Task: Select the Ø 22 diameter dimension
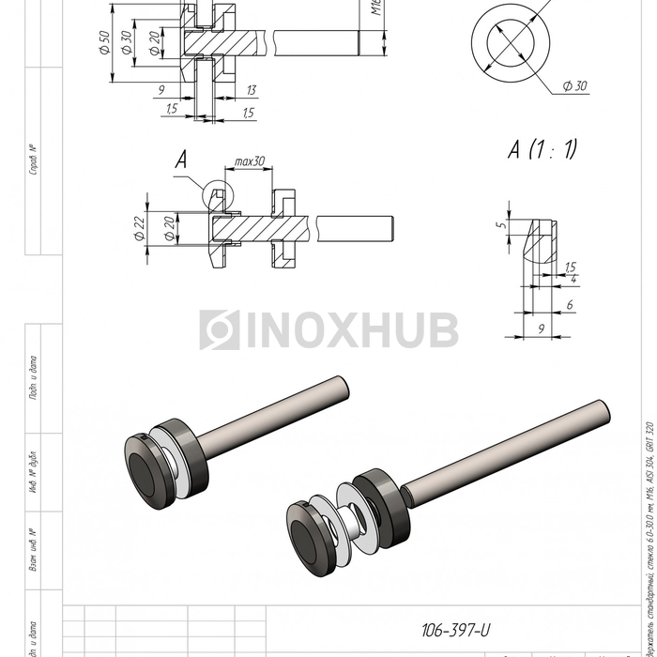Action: click(139, 225)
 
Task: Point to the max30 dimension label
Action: click(250, 161)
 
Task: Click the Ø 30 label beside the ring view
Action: click(574, 85)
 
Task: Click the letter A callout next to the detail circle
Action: click(181, 161)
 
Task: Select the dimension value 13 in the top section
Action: click(251, 90)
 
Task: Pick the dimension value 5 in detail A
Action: click(501, 225)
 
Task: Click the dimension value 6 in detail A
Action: click(570, 306)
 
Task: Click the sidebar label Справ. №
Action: click(34, 160)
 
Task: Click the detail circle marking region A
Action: click(219, 193)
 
